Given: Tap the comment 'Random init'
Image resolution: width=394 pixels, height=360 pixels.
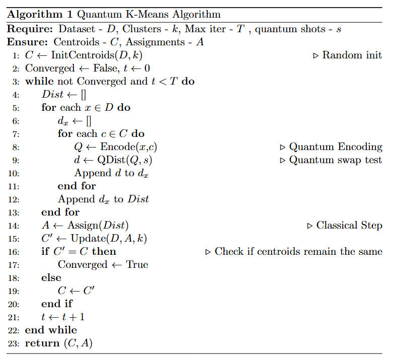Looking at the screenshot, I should pyautogui.click(x=352, y=55).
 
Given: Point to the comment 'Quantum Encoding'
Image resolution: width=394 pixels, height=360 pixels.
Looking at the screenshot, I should pyautogui.click(x=336, y=147).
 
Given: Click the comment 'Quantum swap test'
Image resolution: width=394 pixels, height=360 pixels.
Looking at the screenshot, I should pyautogui.click(x=336, y=160).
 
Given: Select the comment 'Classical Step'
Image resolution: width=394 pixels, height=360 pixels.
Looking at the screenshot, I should pyautogui.click(x=349, y=226).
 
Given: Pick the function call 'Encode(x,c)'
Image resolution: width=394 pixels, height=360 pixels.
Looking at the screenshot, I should pyautogui.click(x=132, y=147).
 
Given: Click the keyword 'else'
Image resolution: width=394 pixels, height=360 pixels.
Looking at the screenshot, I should pyautogui.click(x=51, y=278).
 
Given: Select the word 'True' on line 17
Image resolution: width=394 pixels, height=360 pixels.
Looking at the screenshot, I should pyautogui.click(x=137, y=265).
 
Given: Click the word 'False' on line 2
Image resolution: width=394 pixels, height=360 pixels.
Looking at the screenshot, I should pyautogui.click(x=103, y=68).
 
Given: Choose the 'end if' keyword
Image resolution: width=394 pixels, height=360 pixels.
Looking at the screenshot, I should pyautogui.click(x=56, y=304).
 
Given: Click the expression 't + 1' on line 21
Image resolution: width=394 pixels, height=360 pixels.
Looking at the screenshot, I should pyautogui.click(x=73, y=317).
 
